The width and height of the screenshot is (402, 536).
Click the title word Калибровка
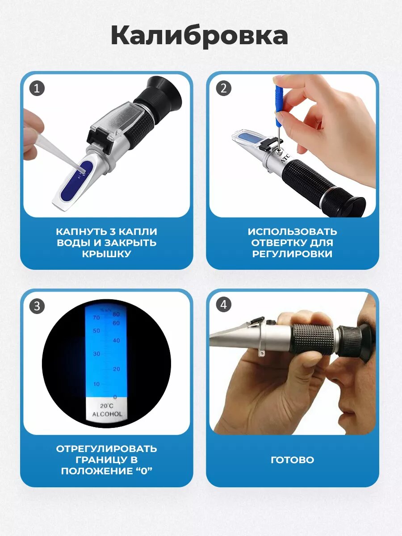point(199,36)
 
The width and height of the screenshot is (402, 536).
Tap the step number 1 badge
point(37,88)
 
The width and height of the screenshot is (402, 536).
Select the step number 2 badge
point(224,88)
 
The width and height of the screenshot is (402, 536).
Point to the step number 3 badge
point(37,306)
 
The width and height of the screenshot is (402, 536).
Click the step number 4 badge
point(224,305)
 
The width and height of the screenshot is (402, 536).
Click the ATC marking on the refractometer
point(285,158)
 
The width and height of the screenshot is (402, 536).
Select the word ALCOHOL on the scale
point(107,414)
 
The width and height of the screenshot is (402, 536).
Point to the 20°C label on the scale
point(107,406)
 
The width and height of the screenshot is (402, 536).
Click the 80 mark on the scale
point(116,314)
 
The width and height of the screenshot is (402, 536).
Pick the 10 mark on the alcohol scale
point(96,384)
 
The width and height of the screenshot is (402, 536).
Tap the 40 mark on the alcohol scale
point(116,340)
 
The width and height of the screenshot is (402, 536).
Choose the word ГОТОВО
point(293,460)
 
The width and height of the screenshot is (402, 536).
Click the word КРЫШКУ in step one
point(107,254)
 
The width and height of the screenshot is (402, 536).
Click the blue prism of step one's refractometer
point(76,180)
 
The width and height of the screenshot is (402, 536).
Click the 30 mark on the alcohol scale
point(96,354)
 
